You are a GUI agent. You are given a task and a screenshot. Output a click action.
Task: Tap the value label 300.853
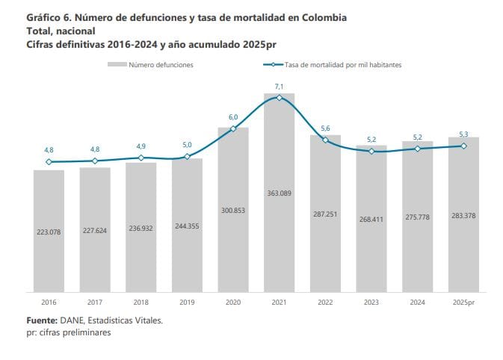point(233,210)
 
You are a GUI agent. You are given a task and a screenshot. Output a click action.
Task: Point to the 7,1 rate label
point(279,87)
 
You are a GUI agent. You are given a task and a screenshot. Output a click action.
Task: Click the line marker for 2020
point(233,128)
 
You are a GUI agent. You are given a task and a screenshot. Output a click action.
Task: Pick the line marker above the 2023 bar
point(371,151)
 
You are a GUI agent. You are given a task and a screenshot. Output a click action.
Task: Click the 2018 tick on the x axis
point(141,303)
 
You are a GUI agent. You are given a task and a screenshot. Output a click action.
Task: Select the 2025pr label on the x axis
point(464,303)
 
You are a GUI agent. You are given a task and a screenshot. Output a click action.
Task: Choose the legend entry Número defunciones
point(161,65)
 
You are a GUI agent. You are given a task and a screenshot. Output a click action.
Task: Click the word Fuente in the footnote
point(43,320)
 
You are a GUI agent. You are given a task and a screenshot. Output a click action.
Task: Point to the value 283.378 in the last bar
point(463,216)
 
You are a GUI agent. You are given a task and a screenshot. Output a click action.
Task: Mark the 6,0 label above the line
point(233,117)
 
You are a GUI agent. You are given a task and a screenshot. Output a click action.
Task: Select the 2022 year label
point(325,303)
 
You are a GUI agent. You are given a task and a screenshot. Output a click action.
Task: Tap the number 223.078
point(49,232)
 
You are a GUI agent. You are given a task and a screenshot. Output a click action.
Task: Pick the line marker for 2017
point(95,161)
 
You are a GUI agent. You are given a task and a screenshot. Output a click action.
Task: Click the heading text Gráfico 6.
point(47,16)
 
